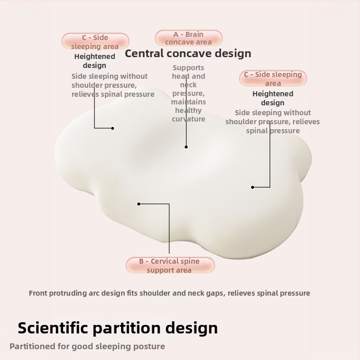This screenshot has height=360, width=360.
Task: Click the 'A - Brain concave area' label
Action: click(x=189, y=38)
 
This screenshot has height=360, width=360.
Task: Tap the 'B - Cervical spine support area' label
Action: click(x=169, y=265)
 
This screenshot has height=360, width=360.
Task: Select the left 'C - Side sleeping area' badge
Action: click(x=95, y=42)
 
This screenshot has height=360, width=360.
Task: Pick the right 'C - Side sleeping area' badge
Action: click(x=273, y=79)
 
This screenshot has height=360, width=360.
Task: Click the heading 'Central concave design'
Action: click(x=188, y=54)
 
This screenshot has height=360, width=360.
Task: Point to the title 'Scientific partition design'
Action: click(x=117, y=328)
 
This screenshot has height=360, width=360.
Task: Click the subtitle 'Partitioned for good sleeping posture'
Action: click(x=87, y=346)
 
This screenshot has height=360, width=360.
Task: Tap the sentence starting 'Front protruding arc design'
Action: click(x=169, y=293)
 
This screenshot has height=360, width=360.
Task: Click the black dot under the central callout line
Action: click(x=186, y=147)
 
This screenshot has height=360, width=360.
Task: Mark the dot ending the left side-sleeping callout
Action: click(x=112, y=128)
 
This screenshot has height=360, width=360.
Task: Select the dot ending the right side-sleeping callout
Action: click(x=252, y=187)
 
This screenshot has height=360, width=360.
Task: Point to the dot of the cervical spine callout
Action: click(x=139, y=204)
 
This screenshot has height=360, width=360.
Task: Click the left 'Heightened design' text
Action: click(x=94, y=61)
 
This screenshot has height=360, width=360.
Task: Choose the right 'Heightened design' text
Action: click(x=273, y=98)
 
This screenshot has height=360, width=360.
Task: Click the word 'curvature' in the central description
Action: click(x=189, y=119)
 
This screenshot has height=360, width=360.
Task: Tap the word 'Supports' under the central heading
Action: click(x=189, y=68)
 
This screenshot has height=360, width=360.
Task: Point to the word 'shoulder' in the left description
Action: click(x=90, y=85)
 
